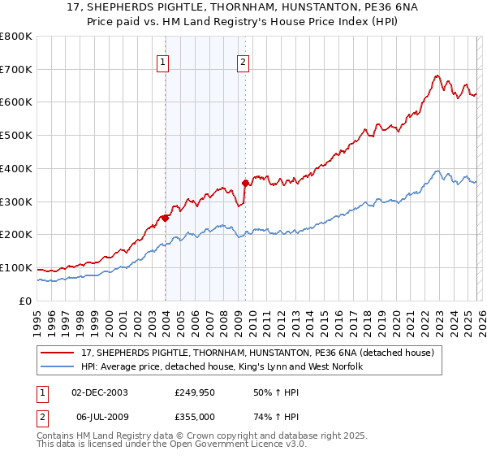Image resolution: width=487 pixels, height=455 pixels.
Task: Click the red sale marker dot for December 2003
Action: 165,218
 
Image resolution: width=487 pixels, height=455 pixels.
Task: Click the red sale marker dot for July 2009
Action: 244,183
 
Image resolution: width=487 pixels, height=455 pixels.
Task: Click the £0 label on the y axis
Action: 26,301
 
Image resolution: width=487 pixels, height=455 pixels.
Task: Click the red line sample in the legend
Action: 58,353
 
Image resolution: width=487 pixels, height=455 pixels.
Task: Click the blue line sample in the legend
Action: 58,367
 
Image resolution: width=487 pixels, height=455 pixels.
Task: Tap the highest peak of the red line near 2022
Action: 437,76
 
